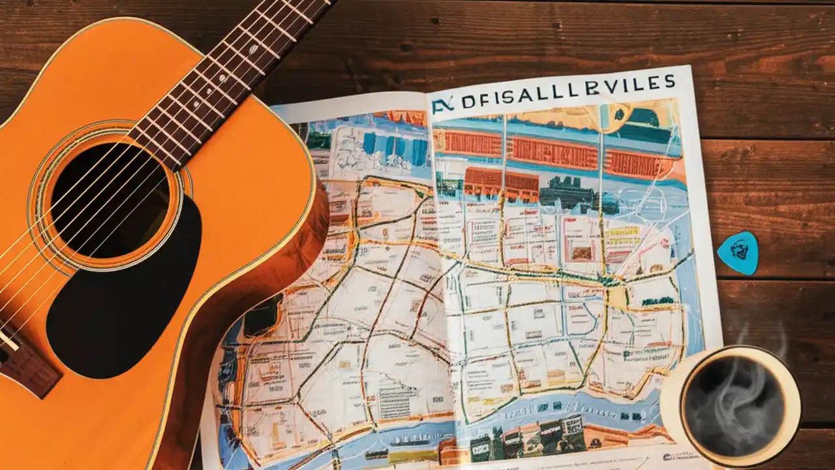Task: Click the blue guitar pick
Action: tap(738, 251)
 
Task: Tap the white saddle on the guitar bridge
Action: tap(8, 339)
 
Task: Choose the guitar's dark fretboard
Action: tap(222, 78)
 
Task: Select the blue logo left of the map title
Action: tap(442, 105)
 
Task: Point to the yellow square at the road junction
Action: tap(616, 298)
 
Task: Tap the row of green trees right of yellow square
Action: tap(657, 301)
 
